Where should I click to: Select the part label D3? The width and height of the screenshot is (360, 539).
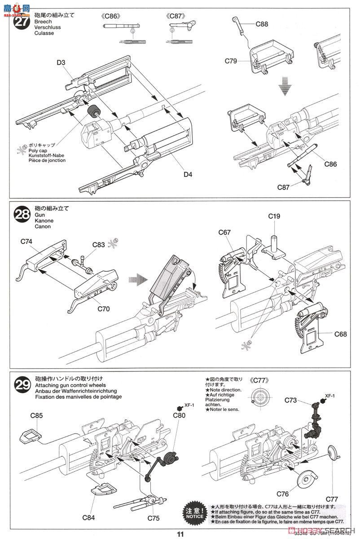(x=61, y=62)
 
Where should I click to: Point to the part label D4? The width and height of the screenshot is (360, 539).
(x=187, y=174)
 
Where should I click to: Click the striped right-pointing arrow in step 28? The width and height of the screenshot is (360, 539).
(x=137, y=279)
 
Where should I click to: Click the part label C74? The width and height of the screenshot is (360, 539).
(x=26, y=241)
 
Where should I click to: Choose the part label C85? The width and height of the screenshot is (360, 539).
(x=37, y=415)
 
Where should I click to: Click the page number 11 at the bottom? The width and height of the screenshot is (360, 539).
(x=180, y=534)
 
